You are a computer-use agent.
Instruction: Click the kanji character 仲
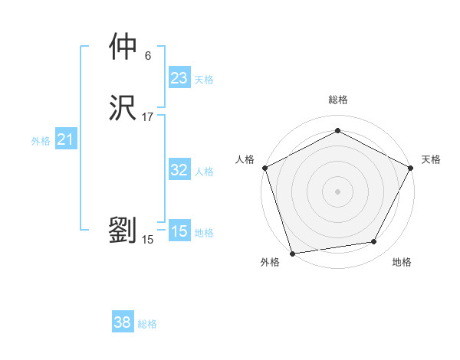coord(123,47)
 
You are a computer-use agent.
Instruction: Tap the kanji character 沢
coord(123,107)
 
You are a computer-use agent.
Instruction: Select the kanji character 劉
coord(123,230)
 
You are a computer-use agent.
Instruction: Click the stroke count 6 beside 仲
coord(148,55)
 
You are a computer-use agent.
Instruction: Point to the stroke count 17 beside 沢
coord(148,116)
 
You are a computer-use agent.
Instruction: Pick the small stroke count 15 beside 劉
coord(148,239)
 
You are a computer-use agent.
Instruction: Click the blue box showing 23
coord(179,78)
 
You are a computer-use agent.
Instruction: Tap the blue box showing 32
coord(179,170)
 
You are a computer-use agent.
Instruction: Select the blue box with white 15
coord(179,231)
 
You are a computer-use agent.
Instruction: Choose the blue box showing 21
coord(65,139)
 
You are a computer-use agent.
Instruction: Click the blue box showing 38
coord(122,322)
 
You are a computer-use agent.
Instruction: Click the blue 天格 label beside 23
coord(204,80)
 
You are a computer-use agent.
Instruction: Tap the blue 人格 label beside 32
coord(204,172)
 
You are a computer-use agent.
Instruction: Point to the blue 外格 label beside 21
coord(41,141)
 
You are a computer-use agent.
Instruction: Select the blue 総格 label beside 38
coord(147,324)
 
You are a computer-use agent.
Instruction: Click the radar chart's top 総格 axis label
coord(338,100)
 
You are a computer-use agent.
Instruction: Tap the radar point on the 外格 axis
coord(292,253)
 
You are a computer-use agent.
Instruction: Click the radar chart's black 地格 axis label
coord(402,263)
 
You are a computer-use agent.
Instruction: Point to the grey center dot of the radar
coord(337,191)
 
